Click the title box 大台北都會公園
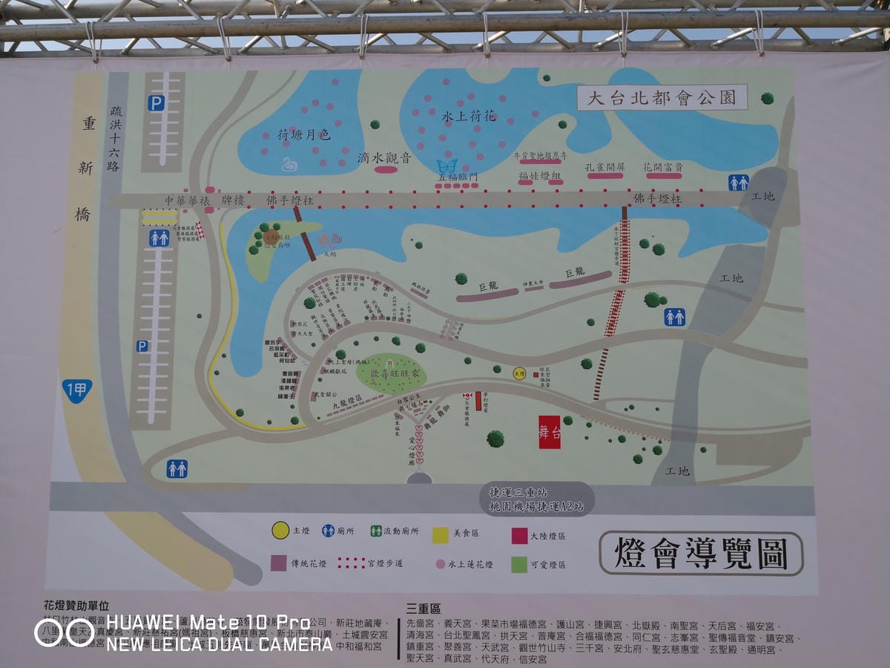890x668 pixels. click(x=662, y=97)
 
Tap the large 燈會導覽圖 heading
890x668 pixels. click(x=701, y=554)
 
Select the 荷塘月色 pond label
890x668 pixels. click(x=303, y=135)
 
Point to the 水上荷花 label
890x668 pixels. click(x=469, y=117)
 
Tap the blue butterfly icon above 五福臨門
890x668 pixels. click(x=447, y=166)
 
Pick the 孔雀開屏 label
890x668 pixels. click(x=604, y=167)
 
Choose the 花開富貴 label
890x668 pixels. click(x=663, y=167)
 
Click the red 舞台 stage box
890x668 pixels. click(x=550, y=432)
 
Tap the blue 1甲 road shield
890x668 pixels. click(x=77, y=390)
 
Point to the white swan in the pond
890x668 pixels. click(x=288, y=163)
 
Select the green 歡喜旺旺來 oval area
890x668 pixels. click(x=392, y=373)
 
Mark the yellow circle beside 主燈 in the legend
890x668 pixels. click(x=280, y=531)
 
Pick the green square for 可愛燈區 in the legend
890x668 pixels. click(x=519, y=564)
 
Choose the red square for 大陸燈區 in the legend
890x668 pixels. click(x=519, y=536)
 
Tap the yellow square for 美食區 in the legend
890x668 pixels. click(x=441, y=533)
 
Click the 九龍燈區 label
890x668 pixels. click(x=346, y=405)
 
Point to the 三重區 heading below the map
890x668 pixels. click(x=423, y=609)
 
